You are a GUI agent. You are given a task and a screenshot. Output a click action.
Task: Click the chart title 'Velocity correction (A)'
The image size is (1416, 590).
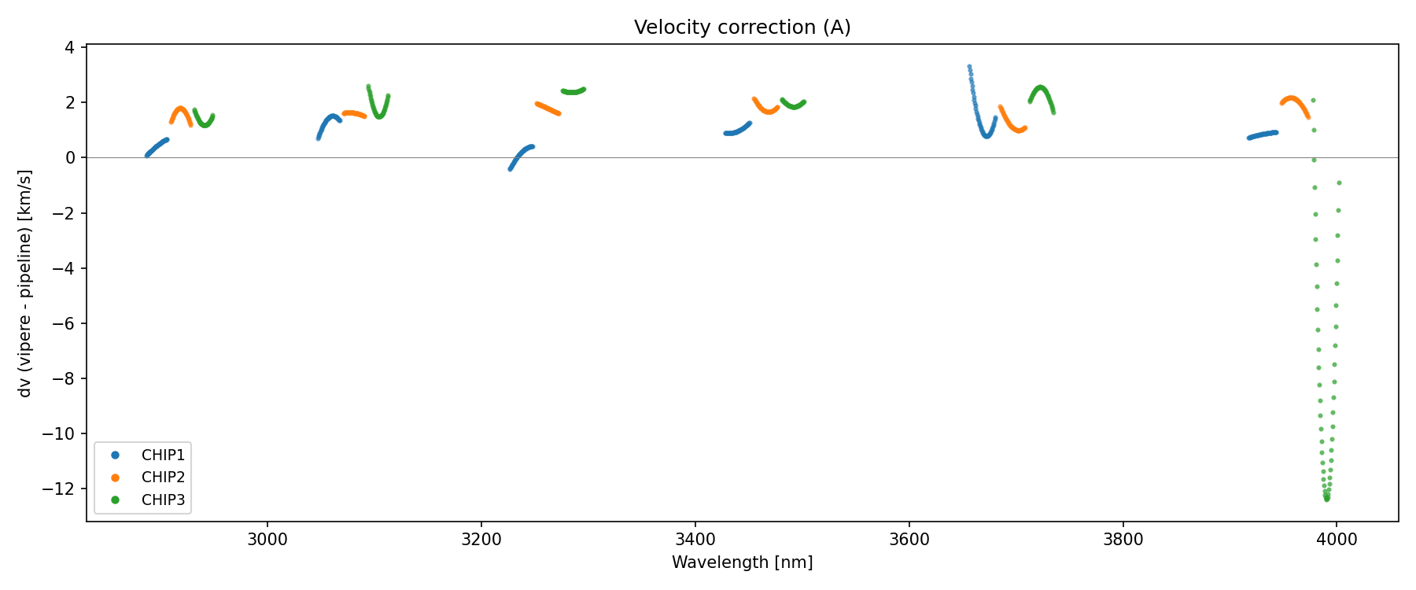[742, 28]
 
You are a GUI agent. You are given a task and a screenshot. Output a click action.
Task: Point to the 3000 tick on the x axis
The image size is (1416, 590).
[267, 539]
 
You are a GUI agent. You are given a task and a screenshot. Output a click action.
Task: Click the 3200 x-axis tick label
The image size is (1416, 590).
[481, 539]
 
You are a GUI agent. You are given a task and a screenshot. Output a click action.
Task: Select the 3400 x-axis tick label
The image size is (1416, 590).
[695, 539]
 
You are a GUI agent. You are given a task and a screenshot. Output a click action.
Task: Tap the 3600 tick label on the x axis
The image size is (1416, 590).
[909, 539]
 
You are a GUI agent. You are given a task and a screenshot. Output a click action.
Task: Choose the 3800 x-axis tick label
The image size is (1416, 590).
[1123, 539]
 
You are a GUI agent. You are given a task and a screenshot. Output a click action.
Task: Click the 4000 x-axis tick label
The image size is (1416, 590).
[1337, 539]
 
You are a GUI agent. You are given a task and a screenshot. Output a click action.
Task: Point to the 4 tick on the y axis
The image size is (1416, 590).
[70, 48]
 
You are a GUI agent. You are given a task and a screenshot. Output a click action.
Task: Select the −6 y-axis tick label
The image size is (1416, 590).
[65, 323]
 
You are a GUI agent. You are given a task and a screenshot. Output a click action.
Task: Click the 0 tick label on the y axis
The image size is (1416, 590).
[70, 158]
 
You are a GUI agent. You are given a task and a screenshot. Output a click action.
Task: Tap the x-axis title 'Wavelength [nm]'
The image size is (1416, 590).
[742, 562]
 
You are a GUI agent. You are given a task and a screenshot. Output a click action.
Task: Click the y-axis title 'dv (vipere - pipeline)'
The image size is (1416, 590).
[25, 283]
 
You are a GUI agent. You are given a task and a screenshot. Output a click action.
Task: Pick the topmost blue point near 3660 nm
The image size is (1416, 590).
[969, 67]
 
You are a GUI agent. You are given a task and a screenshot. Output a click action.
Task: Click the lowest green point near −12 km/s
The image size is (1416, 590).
[1327, 499]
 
